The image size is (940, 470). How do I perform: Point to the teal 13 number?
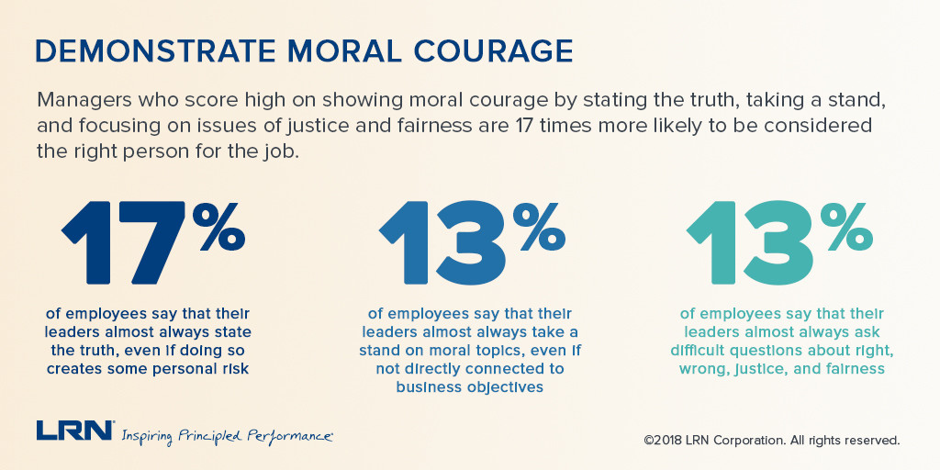[751, 241]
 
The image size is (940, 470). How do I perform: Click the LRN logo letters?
[74, 431]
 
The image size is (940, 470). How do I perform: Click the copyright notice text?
[772, 440]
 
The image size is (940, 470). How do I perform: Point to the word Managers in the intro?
[82, 98]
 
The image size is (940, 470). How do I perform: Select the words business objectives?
[469, 386]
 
